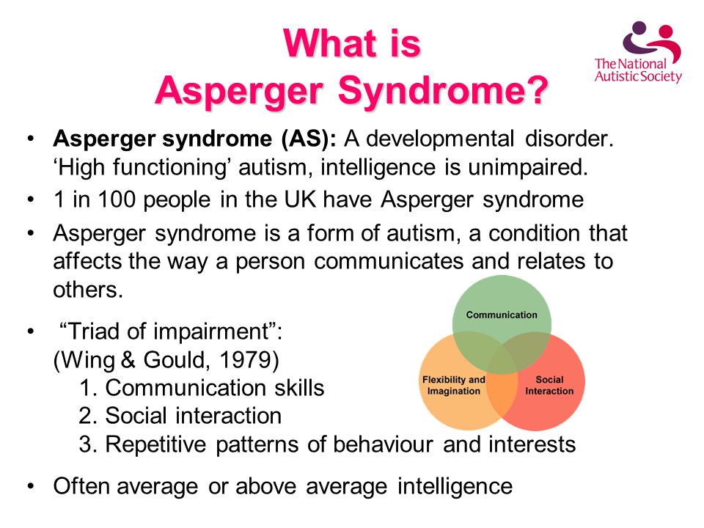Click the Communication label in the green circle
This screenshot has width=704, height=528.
pos(502,315)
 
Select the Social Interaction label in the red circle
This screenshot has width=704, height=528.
pos(549,385)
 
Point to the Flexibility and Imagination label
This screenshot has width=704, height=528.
pos(454,385)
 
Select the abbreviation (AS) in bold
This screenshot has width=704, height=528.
pos(309,139)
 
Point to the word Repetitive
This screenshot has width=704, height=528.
pos(155,444)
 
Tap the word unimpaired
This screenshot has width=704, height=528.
pos(528,167)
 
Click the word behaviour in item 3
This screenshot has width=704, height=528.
pos(383,444)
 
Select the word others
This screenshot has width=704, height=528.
pos(88,290)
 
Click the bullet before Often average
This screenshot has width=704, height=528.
pos(31,486)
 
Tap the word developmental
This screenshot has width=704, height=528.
pos(440,139)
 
